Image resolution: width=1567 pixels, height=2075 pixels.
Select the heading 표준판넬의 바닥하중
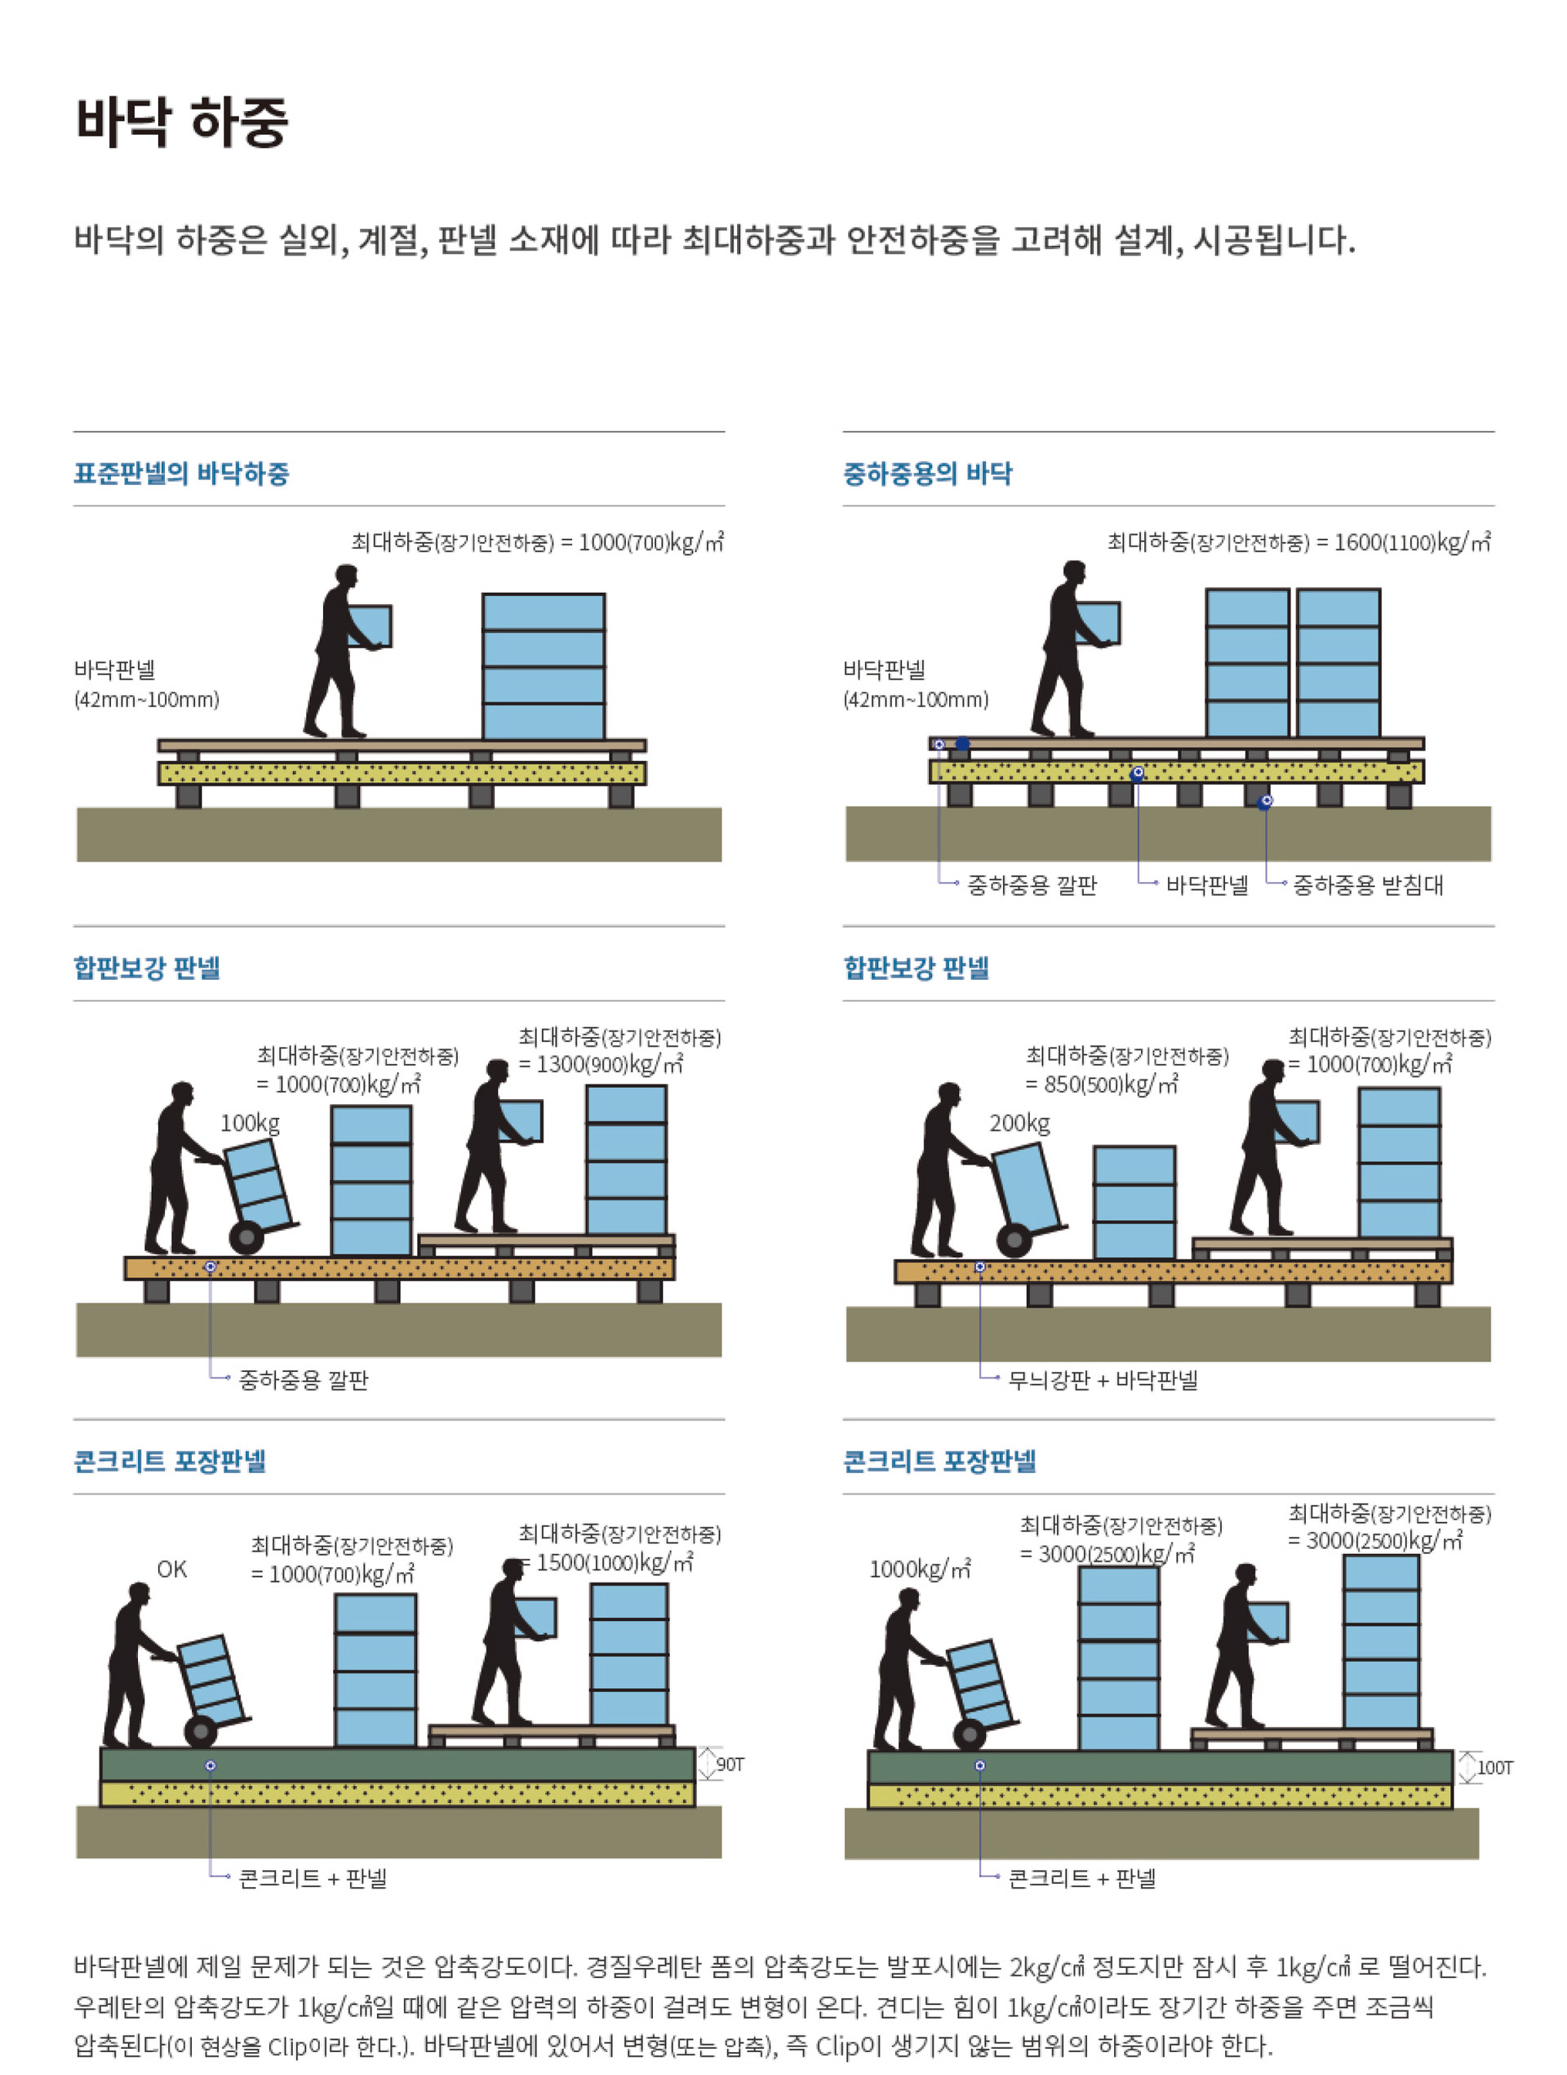[x=181, y=474]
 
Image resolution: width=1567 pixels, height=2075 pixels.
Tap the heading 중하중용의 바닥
[x=926, y=474]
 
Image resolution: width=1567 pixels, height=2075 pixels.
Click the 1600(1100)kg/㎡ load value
[x=1412, y=542]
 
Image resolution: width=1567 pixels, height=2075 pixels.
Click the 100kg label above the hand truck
[x=250, y=1123]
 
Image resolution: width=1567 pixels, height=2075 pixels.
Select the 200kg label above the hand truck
[x=1019, y=1123]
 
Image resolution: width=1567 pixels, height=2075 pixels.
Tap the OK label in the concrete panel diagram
[x=171, y=1569]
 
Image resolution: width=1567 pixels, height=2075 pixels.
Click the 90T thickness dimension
[x=730, y=1765]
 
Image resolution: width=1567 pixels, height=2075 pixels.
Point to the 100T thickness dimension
[x=1495, y=1767]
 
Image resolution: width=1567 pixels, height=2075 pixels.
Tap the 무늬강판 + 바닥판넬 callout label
[x=1103, y=1380]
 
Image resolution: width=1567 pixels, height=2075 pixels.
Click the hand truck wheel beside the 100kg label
[x=246, y=1237]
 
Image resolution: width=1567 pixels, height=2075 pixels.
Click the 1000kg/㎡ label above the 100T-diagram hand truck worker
[x=920, y=1570]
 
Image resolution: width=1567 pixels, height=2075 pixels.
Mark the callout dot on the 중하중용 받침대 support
[x=1265, y=801]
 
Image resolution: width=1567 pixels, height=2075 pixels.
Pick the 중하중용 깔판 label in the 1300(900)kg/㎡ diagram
[x=304, y=1380]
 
